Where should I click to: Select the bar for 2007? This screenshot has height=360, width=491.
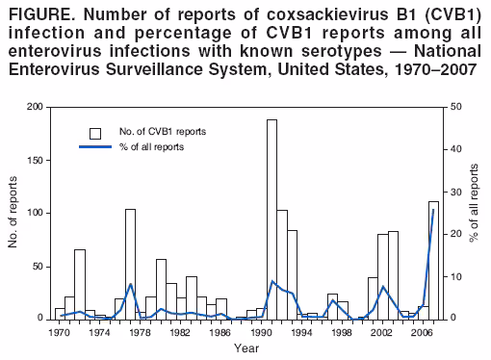432,260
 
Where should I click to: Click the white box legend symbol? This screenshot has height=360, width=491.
95,132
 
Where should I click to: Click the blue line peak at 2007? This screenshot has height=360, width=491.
433,210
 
